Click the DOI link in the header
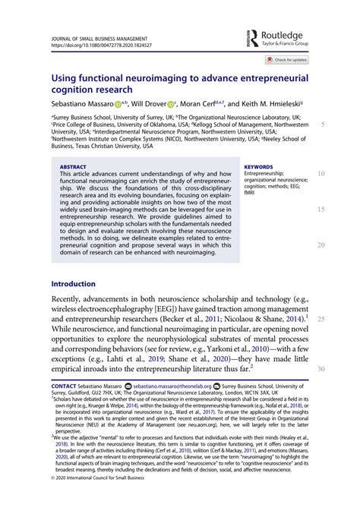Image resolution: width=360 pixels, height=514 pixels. pyautogui.click(x=102, y=45)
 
